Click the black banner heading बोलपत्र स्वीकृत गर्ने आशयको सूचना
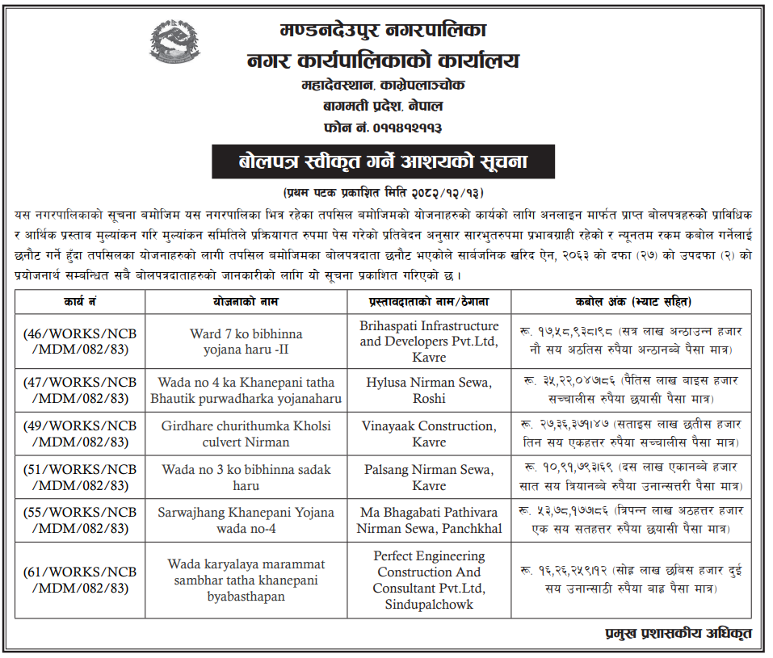pos(383,161)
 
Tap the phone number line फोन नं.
pos(383,128)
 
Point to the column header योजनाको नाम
pos(246,302)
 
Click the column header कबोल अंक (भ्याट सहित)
pos(632,302)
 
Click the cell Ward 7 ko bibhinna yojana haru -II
pos(246,342)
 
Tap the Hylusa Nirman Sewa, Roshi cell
pos(429,390)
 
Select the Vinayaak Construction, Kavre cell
pos(429,434)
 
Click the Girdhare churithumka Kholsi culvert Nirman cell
pos(246,434)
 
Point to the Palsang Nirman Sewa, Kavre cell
pos(429,477)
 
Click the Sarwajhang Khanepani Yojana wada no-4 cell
pos(246,521)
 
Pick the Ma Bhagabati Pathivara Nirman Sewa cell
pos(429,521)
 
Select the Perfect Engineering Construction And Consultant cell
pos(429,580)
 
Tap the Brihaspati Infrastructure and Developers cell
pos(429,342)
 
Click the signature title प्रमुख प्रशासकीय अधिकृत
pos(677,633)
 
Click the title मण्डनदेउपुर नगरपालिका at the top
pos(383,33)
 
